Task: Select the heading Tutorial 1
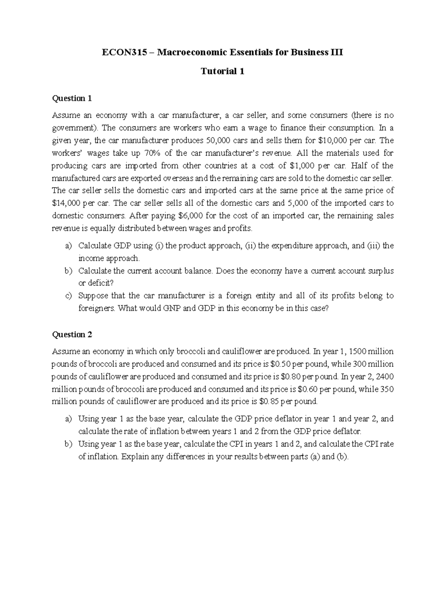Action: point(222,71)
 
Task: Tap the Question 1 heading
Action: point(72,98)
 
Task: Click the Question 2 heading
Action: point(72,335)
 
